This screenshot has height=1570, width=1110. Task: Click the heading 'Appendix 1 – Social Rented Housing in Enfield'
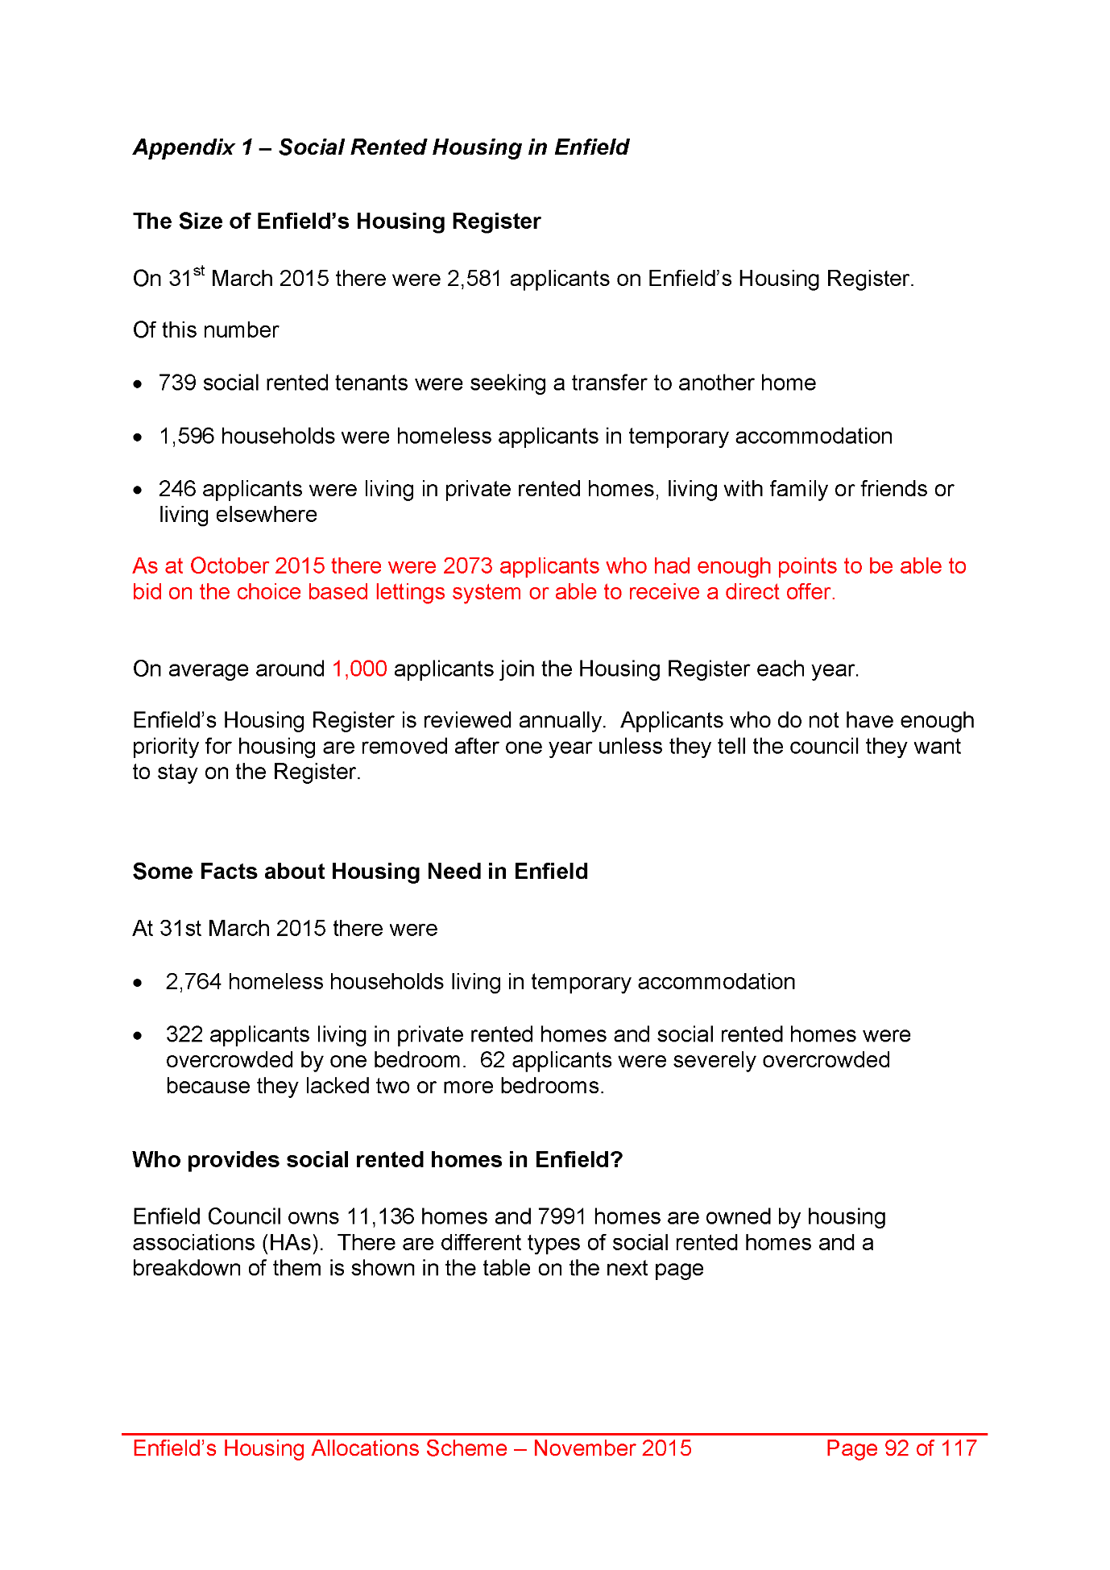click(381, 147)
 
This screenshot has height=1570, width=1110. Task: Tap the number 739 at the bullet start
click(177, 383)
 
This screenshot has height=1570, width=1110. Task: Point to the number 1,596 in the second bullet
click(186, 436)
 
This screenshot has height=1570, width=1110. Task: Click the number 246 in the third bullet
click(177, 489)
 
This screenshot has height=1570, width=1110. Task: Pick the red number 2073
click(467, 566)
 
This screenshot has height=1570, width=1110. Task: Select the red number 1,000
click(359, 669)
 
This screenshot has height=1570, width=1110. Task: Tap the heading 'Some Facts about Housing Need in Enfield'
click(360, 872)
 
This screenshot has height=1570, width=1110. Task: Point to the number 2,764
click(193, 982)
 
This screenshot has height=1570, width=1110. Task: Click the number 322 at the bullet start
click(184, 1034)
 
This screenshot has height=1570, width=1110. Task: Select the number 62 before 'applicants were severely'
click(492, 1060)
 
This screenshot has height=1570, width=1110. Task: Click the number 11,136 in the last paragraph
click(380, 1216)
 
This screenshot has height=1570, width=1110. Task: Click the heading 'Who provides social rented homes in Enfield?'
click(378, 1160)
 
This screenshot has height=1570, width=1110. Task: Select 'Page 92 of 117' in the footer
click(901, 1448)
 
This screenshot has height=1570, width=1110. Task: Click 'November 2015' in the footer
click(612, 1448)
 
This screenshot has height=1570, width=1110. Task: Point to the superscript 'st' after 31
click(199, 271)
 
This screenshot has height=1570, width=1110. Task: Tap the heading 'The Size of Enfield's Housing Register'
click(337, 222)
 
